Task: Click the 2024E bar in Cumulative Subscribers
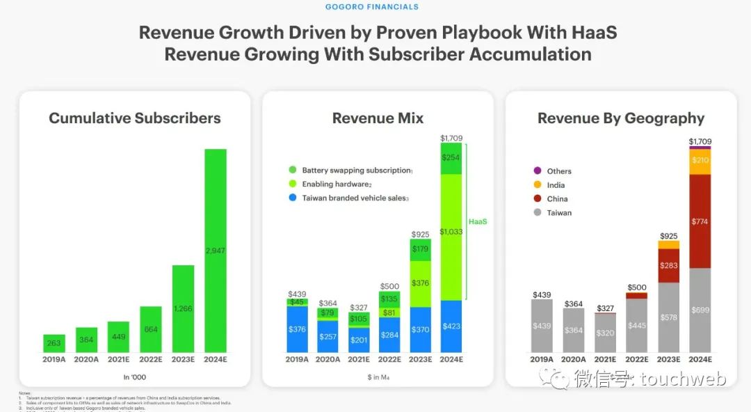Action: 215,251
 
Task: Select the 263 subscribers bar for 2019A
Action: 54,343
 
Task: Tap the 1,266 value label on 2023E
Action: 183,308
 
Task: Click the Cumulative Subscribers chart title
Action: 135,118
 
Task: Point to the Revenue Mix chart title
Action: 378,118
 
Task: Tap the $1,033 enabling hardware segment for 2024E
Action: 451,237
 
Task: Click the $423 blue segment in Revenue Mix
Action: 451,326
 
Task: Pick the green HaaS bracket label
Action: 478,221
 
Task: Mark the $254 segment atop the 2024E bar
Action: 451,159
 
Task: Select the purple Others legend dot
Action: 537,171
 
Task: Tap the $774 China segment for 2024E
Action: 700,221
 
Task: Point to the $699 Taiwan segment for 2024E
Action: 700,310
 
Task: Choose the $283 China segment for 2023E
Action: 668,265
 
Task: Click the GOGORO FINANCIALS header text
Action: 372,7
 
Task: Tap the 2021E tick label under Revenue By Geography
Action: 605,360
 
